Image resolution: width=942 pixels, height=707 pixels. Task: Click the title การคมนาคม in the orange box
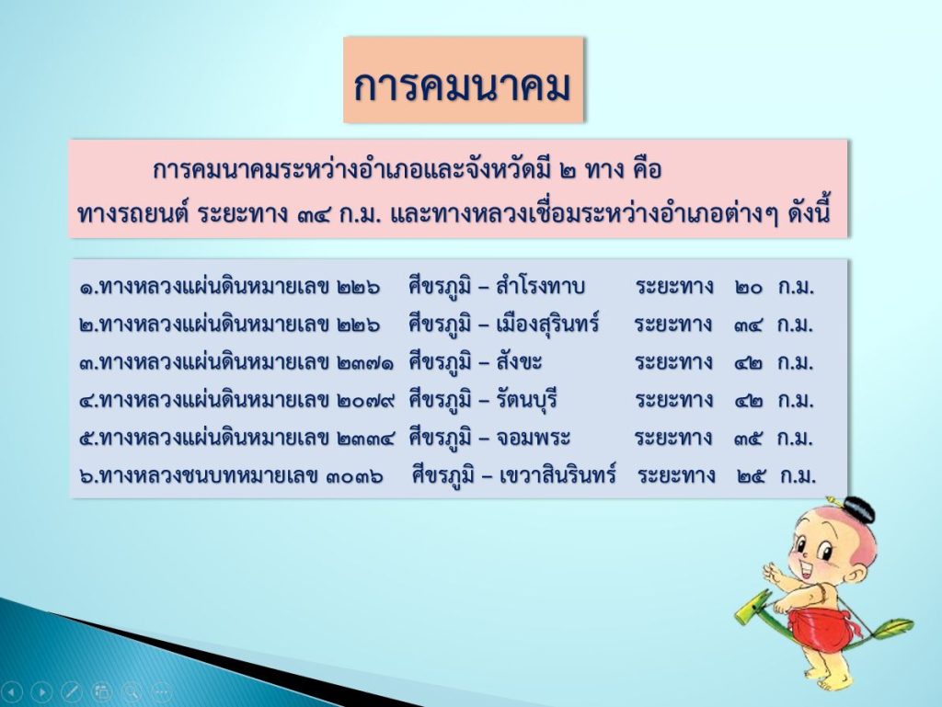click(x=462, y=86)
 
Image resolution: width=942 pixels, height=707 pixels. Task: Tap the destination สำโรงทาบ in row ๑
click(x=540, y=286)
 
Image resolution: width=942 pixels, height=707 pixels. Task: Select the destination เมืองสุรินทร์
click(x=547, y=325)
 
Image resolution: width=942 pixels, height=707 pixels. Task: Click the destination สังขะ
click(x=519, y=361)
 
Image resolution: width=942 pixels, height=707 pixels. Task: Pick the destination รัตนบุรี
click(x=527, y=399)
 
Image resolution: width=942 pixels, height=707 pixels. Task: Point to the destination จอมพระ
click(x=533, y=438)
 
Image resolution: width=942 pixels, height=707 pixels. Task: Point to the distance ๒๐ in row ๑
click(x=749, y=288)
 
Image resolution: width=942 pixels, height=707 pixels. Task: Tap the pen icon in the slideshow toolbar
click(x=72, y=692)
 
